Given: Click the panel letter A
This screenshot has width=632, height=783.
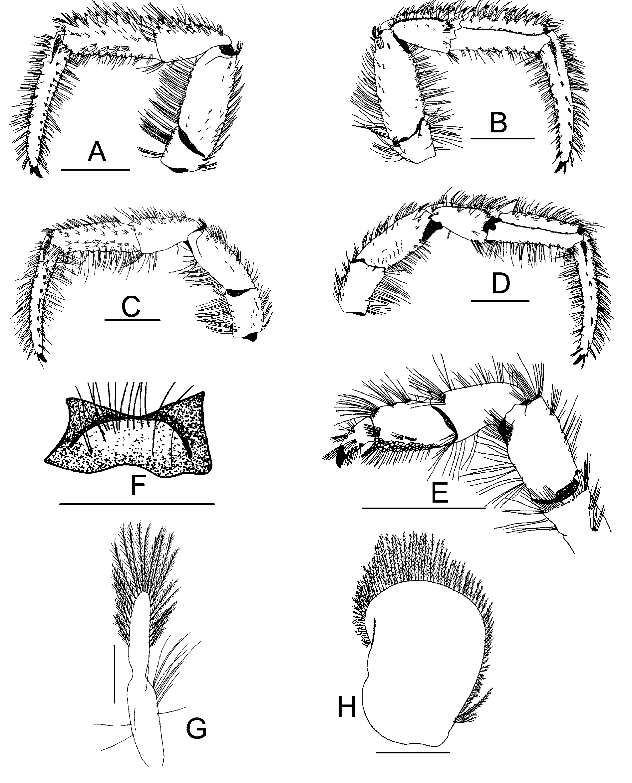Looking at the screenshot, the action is pos(97,152).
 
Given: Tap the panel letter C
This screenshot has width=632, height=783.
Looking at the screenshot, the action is pos(131,306).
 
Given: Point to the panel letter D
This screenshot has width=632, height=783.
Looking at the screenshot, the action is pos(500,284).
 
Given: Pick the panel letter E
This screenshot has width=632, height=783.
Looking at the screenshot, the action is pos(440,492).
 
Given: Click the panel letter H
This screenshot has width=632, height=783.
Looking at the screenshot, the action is pos(347,707).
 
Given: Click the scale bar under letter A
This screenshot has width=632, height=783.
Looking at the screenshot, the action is pos(96,170).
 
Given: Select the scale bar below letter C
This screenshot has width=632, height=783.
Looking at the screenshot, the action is pos(133,320).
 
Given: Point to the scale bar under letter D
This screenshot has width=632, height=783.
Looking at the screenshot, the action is pos(500,301).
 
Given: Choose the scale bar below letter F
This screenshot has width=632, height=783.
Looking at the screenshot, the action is pos(137,504).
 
